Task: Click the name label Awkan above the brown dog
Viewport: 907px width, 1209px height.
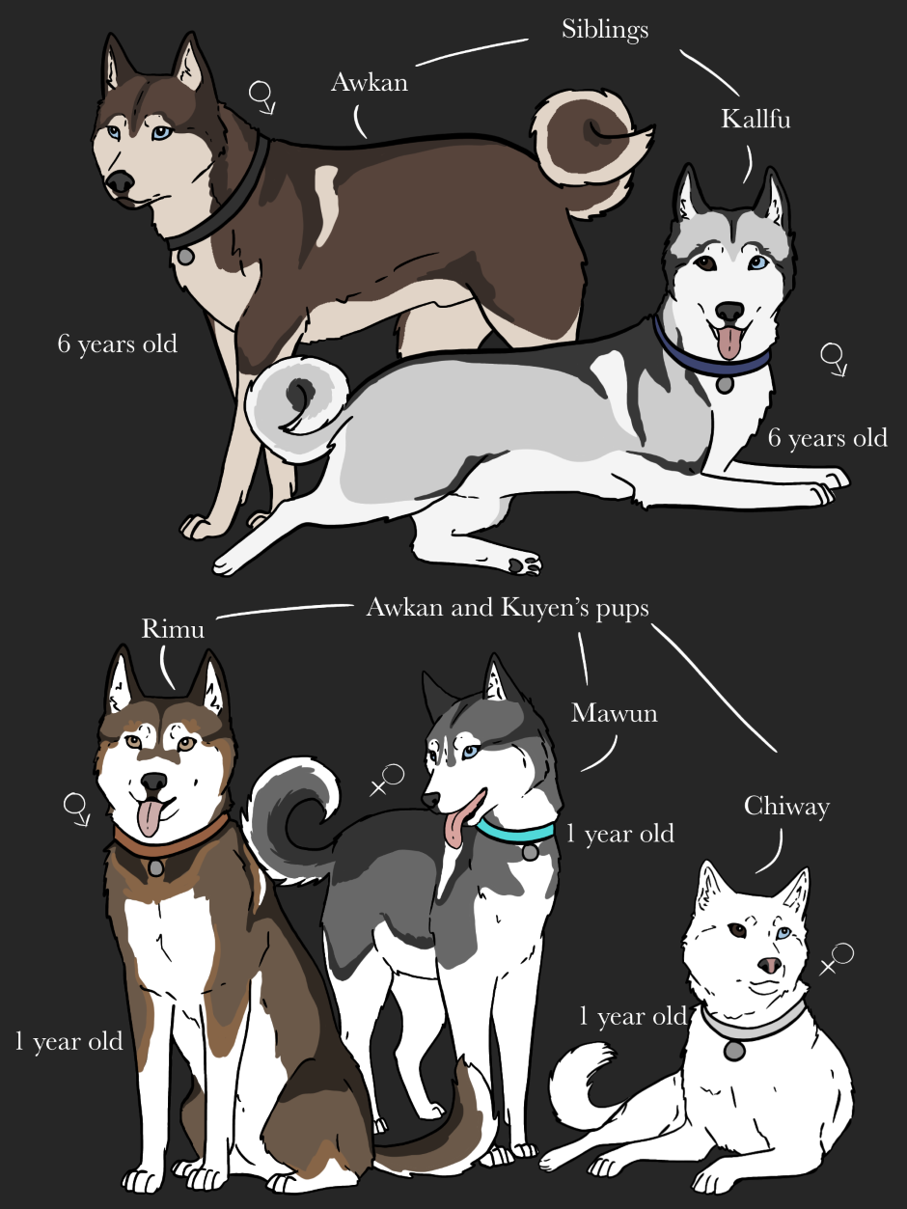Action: pos(370,83)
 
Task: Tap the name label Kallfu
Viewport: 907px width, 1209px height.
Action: pos(756,119)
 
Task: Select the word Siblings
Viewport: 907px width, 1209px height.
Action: pos(605,30)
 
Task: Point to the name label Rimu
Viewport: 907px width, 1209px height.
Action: pos(173,628)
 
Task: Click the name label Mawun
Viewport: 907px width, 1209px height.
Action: pos(614,713)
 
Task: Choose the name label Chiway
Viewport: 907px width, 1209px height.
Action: pos(786,808)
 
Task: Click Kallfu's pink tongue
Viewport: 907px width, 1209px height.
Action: pos(728,342)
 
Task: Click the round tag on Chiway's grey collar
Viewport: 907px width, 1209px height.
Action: pos(734,1051)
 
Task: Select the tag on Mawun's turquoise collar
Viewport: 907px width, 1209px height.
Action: pos(530,852)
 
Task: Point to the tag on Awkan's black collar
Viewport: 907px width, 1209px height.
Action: pos(185,256)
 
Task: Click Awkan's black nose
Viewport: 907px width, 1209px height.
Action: pos(120,181)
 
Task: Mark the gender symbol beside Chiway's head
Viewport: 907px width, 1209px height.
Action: pos(837,958)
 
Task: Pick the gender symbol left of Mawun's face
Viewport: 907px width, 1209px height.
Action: pos(387,780)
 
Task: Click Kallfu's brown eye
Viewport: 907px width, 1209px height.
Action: pos(705,263)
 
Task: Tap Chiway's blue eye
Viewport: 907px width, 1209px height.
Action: pos(783,932)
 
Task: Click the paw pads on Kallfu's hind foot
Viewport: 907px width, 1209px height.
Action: pos(524,565)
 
